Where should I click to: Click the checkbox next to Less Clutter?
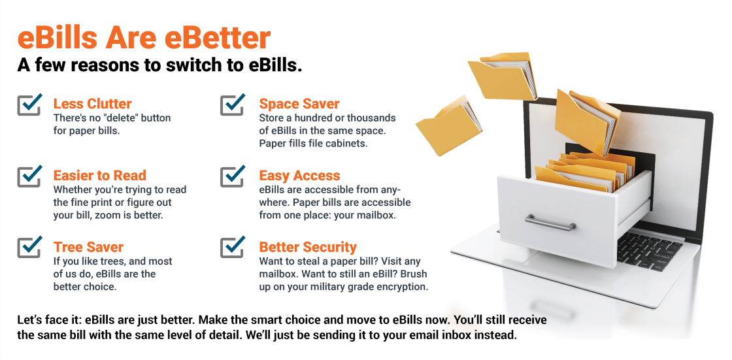29,105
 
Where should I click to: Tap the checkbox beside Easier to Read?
29,176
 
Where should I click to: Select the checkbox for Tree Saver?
29,248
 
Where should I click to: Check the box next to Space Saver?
233,105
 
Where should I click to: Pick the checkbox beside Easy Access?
233,176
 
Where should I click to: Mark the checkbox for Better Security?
233,248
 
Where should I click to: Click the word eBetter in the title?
218,38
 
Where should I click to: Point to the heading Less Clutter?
92,104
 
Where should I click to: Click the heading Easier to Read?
100,176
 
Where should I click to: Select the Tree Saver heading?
88,247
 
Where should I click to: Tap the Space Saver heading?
299,104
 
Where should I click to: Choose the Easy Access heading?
300,176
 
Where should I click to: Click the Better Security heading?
308,247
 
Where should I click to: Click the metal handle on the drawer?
550,223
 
